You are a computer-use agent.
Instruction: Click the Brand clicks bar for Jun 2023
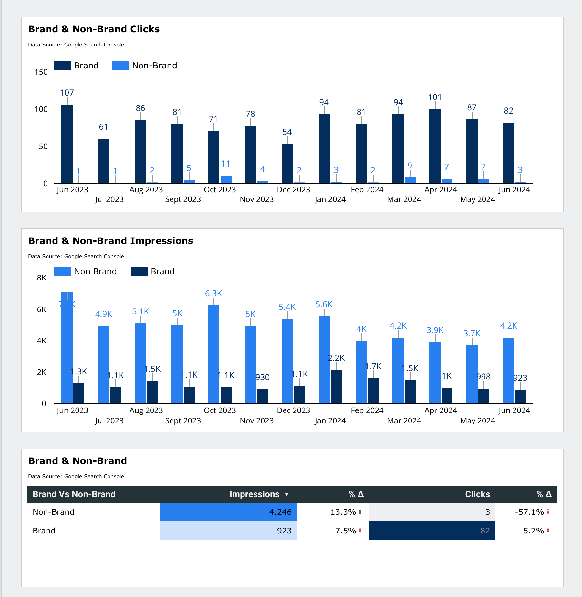coord(67,144)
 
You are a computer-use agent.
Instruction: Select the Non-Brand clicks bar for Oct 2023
coord(226,179)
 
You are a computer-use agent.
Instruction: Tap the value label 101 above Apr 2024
coord(435,97)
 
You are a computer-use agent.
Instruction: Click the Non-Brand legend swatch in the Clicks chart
coord(120,66)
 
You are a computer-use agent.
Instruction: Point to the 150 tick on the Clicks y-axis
coord(41,72)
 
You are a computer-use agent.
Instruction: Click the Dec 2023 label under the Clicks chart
coord(293,190)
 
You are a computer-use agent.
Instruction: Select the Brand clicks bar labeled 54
coord(287,164)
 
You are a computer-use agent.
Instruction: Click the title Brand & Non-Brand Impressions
coord(110,241)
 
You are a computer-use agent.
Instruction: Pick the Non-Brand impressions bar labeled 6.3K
coord(213,354)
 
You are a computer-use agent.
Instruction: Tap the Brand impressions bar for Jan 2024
coord(336,387)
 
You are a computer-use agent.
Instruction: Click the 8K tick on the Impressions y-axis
coord(42,278)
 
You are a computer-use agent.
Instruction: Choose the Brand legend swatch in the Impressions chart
coord(139,271)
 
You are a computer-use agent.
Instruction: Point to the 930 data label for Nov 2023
coord(262,377)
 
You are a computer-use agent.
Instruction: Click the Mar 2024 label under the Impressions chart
coord(404,421)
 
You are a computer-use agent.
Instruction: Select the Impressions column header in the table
coord(254,494)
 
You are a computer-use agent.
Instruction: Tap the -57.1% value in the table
coord(529,512)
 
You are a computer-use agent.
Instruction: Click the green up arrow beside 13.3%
coord(360,512)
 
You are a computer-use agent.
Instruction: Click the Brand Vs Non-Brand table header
coord(74,494)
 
